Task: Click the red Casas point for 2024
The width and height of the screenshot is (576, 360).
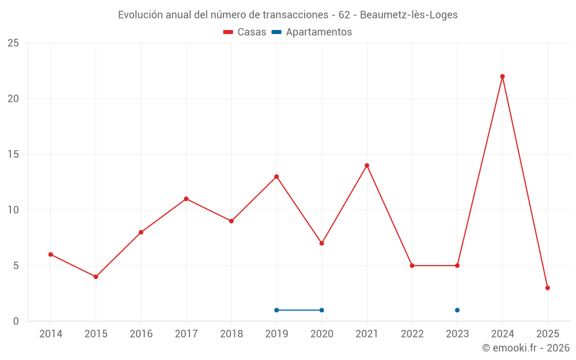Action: (502, 77)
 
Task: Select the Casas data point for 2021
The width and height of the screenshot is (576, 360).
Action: (367, 165)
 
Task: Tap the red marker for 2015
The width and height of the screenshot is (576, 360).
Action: (96, 276)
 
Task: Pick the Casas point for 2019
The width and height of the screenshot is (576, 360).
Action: (276, 176)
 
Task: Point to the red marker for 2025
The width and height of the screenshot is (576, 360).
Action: (547, 288)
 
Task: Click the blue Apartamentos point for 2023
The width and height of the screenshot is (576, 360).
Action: (457, 310)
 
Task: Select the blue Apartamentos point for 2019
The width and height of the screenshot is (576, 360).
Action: (276, 310)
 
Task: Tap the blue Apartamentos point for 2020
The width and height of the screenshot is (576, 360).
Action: (321, 310)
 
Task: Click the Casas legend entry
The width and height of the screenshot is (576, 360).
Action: (245, 32)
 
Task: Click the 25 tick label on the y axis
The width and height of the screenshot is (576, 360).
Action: (13, 43)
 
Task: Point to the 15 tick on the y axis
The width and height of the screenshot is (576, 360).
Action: (13, 154)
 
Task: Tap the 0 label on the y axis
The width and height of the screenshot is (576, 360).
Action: (16, 321)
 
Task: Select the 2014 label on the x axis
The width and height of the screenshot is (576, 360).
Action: (51, 334)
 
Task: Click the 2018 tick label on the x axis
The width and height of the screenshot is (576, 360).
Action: (231, 334)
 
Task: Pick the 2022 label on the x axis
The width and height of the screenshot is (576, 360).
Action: (412, 334)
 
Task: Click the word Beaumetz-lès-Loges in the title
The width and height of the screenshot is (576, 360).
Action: (408, 15)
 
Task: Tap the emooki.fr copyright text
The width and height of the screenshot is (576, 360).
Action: (525, 348)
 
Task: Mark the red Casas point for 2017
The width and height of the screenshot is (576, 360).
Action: (186, 199)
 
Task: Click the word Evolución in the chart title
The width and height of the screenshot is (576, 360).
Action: (140, 15)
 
